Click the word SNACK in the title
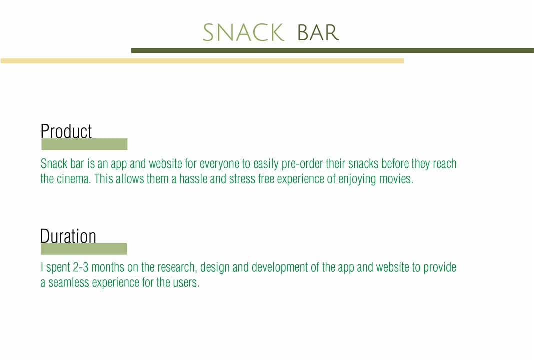click(x=243, y=32)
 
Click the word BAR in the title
click(x=318, y=32)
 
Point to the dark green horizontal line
click(x=332, y=51)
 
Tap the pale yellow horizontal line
click(x=202, y=61)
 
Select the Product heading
click(x=66, y=131)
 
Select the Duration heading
click(x=68, y=236)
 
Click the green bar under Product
click(x=84, y=144)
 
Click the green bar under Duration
click(x=84, y=249)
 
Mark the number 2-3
click(x=81, y=267)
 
